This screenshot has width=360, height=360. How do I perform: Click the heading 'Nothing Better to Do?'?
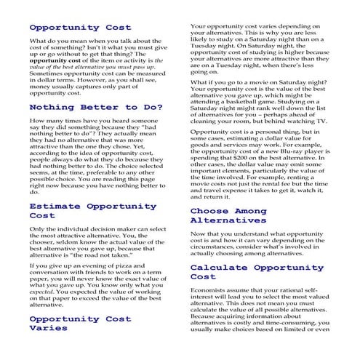tap(96, 107)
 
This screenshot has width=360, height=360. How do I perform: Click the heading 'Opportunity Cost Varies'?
tap(80, 323)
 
